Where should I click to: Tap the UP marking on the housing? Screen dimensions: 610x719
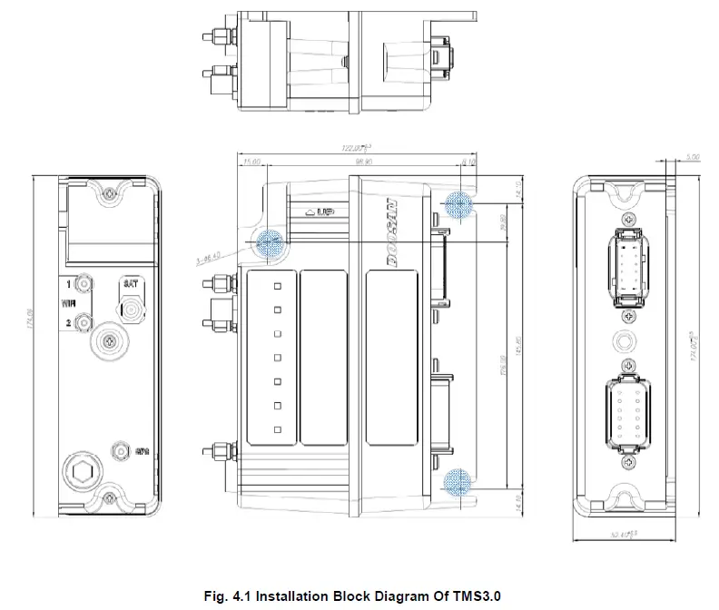tap(321, 212)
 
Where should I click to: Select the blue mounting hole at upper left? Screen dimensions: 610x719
tap(269, 241)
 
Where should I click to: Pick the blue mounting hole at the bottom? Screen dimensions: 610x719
tap(458, 480)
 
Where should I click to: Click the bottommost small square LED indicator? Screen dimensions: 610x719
tap(280, 428)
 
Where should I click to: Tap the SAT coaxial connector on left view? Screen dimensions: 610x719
tap(133, 310)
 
